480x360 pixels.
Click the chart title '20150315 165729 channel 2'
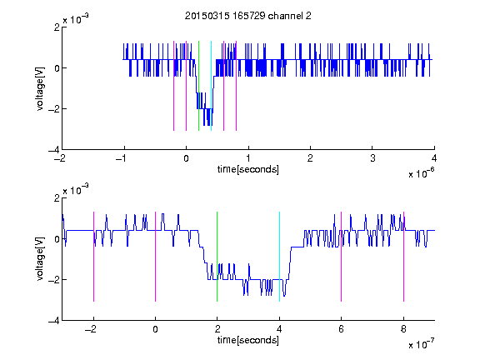248,16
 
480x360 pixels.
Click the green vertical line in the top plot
198,86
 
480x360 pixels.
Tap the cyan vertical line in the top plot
211,86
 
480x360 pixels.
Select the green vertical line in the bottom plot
217,257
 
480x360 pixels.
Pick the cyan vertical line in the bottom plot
279,257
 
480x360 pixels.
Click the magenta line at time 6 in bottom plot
342,257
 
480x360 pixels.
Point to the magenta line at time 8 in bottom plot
404,257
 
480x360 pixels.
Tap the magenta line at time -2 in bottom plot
93,257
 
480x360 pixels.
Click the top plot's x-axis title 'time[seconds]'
248,169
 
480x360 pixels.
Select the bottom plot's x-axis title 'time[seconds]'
248,340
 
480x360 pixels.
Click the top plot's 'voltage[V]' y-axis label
40,89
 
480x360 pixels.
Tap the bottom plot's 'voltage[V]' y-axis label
40,259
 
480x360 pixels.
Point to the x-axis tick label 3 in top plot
372,158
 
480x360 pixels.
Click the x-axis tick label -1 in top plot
122,158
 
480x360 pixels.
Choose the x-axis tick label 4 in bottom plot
279,329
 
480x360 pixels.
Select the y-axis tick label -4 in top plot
53,150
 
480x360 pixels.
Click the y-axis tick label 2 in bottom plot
57,198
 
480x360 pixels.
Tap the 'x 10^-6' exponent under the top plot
421,173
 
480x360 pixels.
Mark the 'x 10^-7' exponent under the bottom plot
421,344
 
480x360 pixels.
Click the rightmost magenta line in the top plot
237,86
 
